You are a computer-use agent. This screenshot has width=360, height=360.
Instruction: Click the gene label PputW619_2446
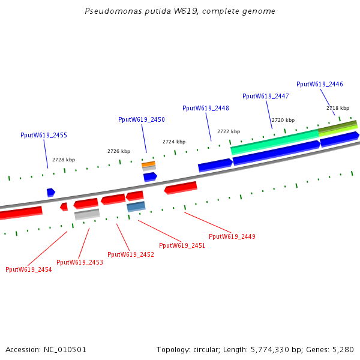[x=320, y=84]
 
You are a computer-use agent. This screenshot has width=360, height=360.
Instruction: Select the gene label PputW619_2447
[x=266, y=96]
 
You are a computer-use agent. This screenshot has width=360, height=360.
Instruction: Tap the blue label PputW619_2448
[x=206, y=108]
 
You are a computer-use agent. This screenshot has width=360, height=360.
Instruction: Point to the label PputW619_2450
[x=142, y=120]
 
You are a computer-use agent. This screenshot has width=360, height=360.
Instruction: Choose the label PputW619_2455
[x=44, y=136]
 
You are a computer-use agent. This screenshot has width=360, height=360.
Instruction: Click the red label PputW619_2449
[x=232, y=236]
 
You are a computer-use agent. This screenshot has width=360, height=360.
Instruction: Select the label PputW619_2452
[x=131, y=254]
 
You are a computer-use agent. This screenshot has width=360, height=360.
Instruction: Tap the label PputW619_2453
[x=80, y=262]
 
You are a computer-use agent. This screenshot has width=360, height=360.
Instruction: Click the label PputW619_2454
[x=29, y=269]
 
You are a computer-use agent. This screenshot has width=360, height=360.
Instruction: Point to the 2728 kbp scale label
[x=64, y=160]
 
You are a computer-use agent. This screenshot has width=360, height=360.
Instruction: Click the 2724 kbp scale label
[x=174, y=142]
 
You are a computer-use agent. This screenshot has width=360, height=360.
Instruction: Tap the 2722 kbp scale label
[x=229, y=131]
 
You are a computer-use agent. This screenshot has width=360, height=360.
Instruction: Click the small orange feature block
[x=148, y=163]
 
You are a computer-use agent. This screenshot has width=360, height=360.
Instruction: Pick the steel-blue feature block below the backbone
[x=136, y=206]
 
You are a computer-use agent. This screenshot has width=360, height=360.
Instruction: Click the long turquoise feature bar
[x=275, y=141]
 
